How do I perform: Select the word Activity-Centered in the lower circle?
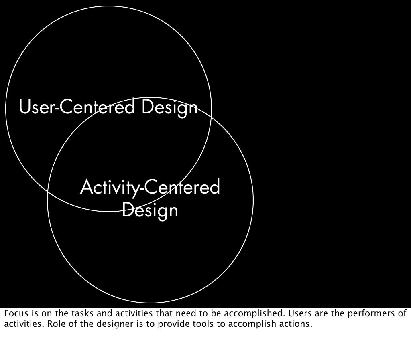coord(150,188)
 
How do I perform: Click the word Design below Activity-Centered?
coord(150,210)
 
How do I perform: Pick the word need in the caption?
coord(185,313)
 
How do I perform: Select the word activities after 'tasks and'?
coord(131,313)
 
